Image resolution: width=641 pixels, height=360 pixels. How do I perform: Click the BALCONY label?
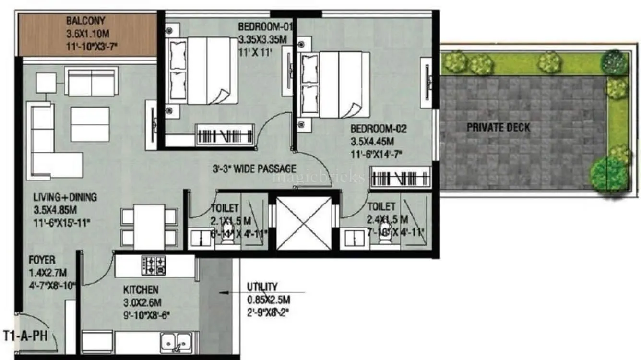click(85, 21)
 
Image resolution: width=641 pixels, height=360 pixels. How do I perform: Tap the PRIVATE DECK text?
click(499, 128)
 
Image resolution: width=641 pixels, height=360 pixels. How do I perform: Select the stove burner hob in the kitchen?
click(154, 265)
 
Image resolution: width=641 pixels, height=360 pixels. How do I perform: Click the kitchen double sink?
click(176, 343)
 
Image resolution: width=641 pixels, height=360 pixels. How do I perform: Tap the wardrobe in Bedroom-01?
click(225, 134)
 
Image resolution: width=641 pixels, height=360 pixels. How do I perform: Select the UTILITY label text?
click(262, 287)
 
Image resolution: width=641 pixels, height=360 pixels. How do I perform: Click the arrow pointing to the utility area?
click(226, 291)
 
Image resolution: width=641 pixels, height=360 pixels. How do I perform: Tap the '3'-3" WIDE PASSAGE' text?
click(254, 169)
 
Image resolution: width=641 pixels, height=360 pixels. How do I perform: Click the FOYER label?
click(42, 260)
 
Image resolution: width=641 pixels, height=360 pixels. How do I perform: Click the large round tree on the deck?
click(608, 174)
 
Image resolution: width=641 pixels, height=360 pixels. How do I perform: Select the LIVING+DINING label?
click(65, 197)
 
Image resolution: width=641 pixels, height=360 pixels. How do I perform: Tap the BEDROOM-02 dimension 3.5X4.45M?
click(372, 142)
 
